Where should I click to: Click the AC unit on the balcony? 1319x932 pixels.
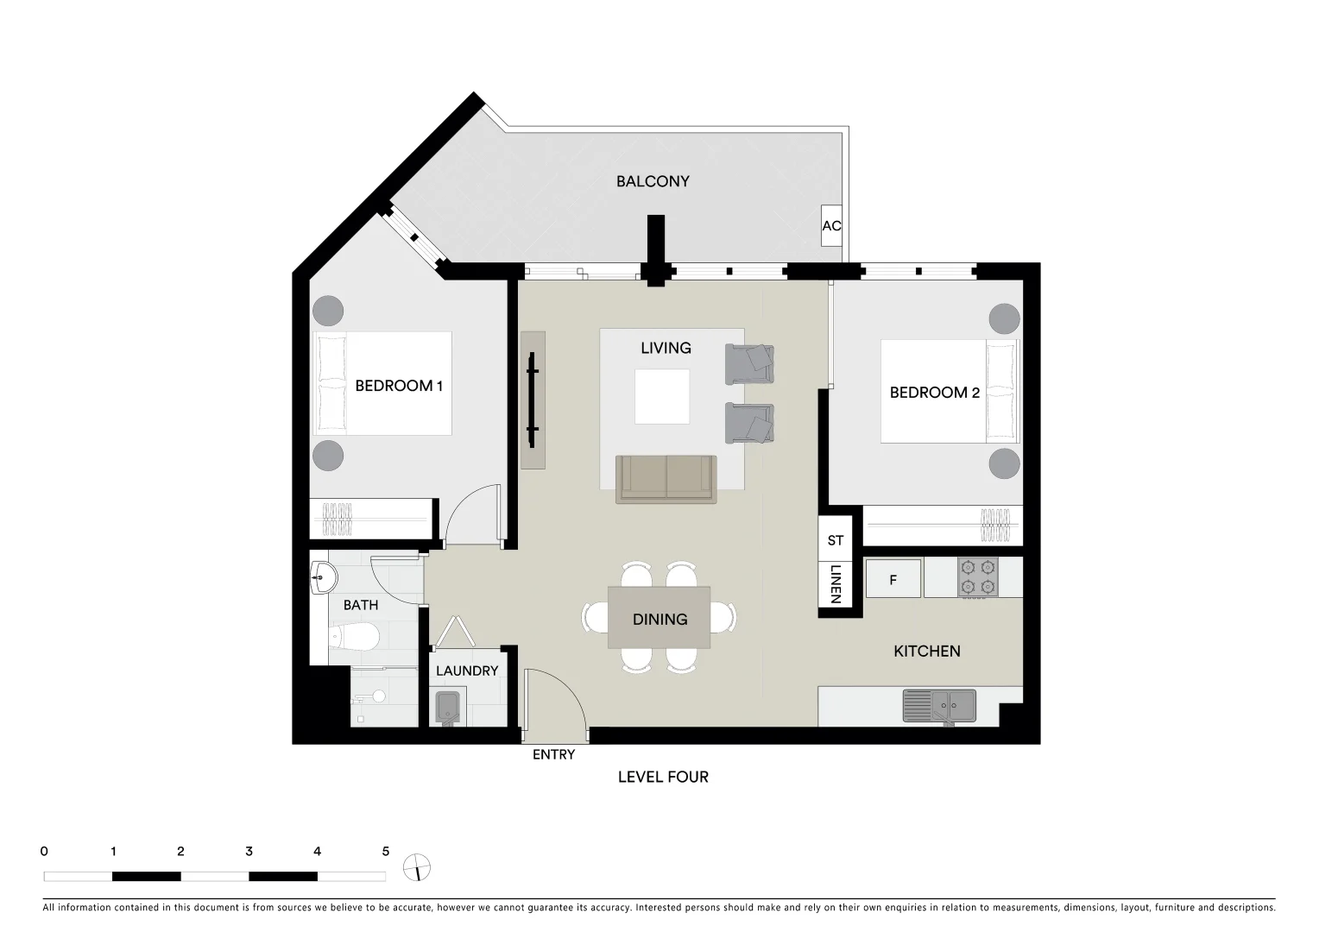coord(830,226)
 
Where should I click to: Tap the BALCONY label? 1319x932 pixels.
coord(653,181)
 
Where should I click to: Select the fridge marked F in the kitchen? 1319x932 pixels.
coord(893,580)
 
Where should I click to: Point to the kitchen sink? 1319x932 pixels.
coord(939,706)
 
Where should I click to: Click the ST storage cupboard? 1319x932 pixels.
coord(835,540)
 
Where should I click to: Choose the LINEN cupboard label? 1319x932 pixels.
coord(835,584)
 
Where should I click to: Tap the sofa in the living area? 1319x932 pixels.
coord(666,479)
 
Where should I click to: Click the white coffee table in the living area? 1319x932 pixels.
coord(662,396)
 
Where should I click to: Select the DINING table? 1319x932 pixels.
coord(659,618)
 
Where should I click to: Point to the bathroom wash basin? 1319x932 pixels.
coord(323,576)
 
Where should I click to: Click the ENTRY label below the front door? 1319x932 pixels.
coord(553,754)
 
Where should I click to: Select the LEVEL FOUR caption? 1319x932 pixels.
coord(663,777)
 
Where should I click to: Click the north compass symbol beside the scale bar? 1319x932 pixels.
coord(417,868)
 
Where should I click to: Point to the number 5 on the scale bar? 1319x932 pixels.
coord(385,852)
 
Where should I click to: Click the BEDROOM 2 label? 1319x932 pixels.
coord(934,393)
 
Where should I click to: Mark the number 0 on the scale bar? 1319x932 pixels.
coord(44,852)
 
